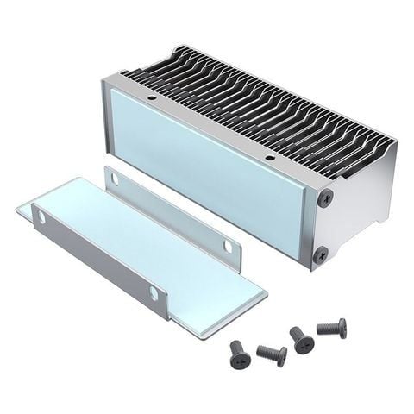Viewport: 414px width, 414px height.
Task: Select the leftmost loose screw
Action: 239,351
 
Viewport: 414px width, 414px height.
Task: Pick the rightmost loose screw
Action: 332,328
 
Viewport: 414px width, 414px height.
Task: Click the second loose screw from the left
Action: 272,354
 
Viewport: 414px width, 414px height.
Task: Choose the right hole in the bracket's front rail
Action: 154,293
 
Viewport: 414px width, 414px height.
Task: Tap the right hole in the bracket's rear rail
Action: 229,247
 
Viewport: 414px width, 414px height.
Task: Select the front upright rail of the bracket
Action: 95,254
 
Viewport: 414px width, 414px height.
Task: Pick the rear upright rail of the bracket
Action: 172,216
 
